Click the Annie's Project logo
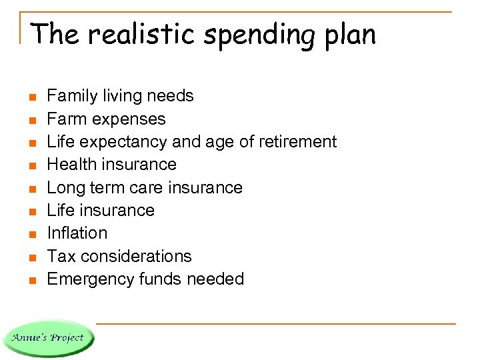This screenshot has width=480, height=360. pyautogui.click(x=48, y=337)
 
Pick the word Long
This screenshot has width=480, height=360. pyautogui.click(x=64, y=187)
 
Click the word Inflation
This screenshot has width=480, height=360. pyautogui.click(x=77, y=233)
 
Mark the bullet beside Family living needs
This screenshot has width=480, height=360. pyautogui.click(x=31, y=97)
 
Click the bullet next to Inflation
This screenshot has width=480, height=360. pyautogui.click(x=31, y=234)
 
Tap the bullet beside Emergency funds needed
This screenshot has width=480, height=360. pyautogui.click(x=31, y=280)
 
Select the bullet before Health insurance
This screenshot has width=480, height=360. pyautogui.click(x=31, y=165)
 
